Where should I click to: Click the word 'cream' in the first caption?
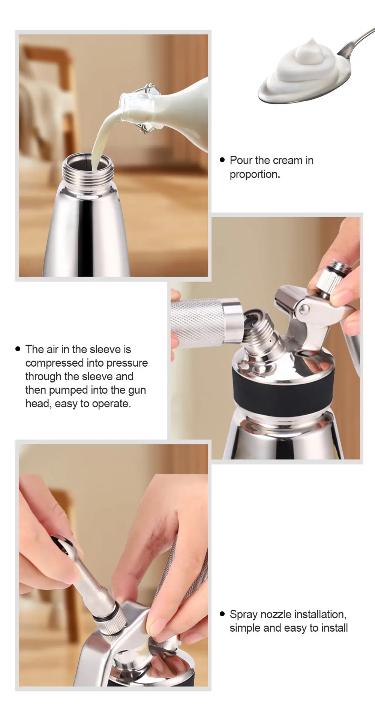click(x=287, y=160)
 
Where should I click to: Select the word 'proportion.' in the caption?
click(x=255, y=174)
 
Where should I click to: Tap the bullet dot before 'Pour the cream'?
click(x=222, y=160)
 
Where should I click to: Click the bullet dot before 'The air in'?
click(x=18, y=349)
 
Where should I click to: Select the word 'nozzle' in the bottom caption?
click(x=276, y=614)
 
